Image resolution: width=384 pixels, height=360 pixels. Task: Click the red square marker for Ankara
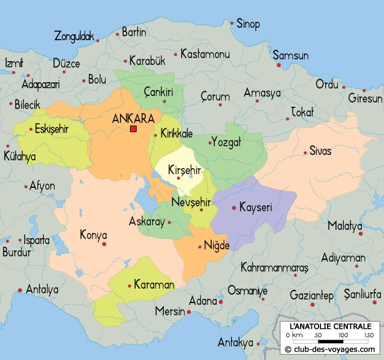[133, 128]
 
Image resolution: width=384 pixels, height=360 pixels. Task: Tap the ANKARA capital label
[133, 118]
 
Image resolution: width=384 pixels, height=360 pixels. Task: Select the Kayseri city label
[256, 208]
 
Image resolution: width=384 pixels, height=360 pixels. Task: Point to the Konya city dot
[104, 244]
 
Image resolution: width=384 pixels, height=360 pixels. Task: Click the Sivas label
[320, 151]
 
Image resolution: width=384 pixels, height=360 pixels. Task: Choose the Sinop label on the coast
[248, 25]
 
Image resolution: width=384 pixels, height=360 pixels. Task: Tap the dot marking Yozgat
[210, 143]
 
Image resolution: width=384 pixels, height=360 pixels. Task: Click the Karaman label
[154, 284]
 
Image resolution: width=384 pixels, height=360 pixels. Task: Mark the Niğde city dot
[200, 246]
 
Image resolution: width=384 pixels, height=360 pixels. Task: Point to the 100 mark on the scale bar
[344, 335]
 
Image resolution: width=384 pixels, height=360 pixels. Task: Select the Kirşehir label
[184, 170]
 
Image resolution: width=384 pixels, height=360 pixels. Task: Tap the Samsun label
[291, 56]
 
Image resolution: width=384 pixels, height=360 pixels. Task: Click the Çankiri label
[158, 92]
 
